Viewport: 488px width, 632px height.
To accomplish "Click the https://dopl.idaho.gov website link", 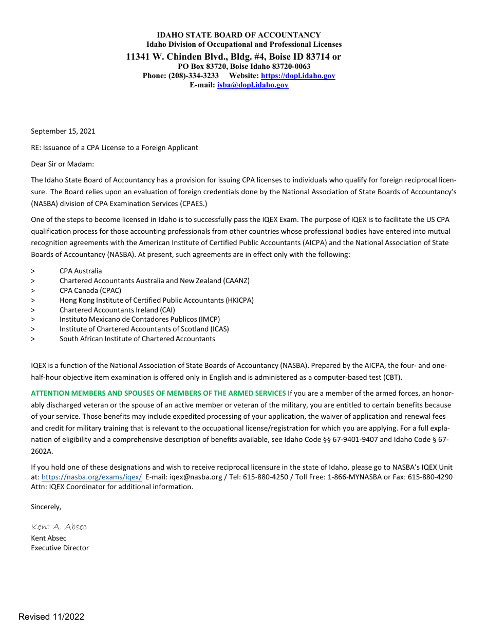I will coord(298,76).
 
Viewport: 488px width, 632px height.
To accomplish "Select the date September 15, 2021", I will coord(63,132).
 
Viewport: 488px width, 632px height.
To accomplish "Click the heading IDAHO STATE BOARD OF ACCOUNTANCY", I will coord(238,35).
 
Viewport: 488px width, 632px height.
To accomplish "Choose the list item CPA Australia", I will coord(81,271).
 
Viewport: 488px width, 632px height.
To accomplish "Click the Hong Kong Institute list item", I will coord(156,300).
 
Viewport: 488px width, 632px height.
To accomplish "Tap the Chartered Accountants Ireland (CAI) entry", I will coord(117,310).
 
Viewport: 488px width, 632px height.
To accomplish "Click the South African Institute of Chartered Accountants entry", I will coord(137,339).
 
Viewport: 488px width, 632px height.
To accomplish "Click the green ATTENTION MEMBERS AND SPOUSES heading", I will coord(158,393).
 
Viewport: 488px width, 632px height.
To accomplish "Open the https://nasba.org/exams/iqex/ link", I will coord(91,477).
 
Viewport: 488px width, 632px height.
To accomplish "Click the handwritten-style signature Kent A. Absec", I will coord(59,527).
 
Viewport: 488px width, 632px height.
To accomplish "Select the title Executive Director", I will coord(60,548).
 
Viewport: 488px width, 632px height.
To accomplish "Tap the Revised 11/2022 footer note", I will coord(51,617).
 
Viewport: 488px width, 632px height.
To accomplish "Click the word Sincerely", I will coord(46,507).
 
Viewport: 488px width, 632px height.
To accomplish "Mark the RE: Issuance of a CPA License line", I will coord(114,147).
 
